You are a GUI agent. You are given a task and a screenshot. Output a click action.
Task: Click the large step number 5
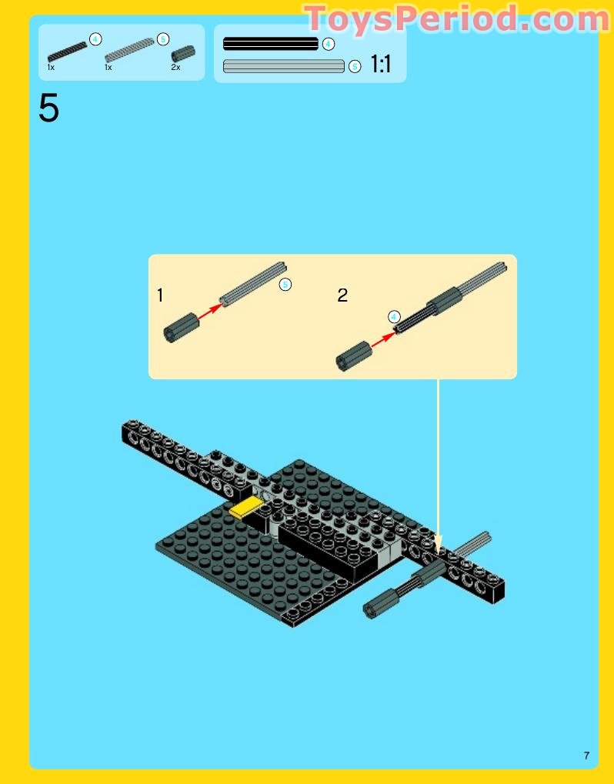click(x=48, y=108)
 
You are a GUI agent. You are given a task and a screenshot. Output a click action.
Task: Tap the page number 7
click(x=586, y=755)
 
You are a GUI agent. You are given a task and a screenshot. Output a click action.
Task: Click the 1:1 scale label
click(x=381, y=64)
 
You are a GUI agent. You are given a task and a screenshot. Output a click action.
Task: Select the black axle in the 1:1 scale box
click(x=271, y=44)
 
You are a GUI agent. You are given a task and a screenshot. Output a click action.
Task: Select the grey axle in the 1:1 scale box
click(x=283, y=66)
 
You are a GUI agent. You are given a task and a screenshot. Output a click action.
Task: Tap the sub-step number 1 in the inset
click(x=160, y=295)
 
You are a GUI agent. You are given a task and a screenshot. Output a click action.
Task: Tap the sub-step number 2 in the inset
click(x=342, y=295)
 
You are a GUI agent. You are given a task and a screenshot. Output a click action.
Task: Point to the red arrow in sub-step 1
click(x=209, y=311)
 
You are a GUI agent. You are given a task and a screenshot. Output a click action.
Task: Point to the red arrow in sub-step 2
click(x=383, y=339)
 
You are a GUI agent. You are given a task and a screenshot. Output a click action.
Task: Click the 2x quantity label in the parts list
click(x=175, y=67)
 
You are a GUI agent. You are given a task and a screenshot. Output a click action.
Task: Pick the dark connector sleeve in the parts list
click(x=183, y=53)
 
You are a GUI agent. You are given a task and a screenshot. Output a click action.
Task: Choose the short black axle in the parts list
click(x=67, y=52)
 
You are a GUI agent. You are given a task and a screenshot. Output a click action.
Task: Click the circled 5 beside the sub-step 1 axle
click(x=285, y=285)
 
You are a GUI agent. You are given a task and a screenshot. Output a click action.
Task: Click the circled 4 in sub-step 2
click(x=394, y=316)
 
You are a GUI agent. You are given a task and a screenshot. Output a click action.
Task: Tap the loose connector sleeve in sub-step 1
click(x=181, y=328)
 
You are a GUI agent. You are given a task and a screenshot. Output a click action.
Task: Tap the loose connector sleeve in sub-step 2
click(x=353, y=356)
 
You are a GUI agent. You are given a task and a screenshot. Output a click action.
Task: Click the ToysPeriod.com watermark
click(x=457, y=19)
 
